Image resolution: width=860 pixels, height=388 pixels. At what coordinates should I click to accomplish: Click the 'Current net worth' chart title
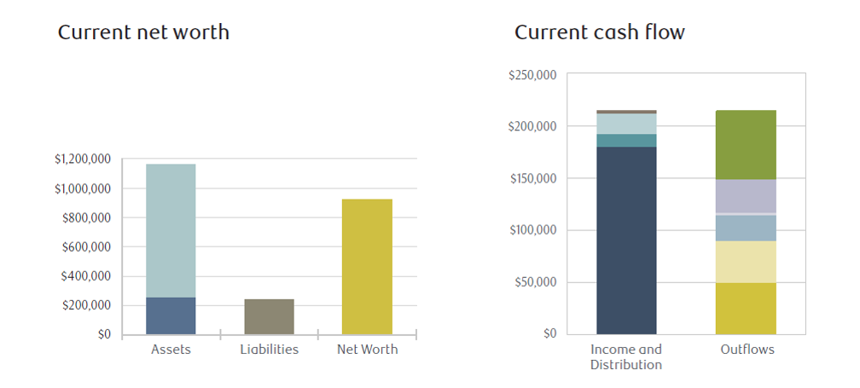pos(143,33)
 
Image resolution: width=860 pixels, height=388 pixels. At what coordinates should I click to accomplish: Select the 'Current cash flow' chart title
pos(600,33)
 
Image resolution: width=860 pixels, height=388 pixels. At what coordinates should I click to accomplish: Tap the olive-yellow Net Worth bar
pos(367,266)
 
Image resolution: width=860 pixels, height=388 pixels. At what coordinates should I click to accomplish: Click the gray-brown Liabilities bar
pos(269,316)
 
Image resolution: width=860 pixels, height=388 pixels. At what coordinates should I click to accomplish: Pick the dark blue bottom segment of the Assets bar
pos(171,316)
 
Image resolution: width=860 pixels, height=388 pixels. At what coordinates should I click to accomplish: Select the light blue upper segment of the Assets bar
pos(171,230)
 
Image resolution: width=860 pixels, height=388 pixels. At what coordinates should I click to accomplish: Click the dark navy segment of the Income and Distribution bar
pos(626,240)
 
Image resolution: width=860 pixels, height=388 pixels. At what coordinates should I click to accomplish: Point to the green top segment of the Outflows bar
pos(745,145)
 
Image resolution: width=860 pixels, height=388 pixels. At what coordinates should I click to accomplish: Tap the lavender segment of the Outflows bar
pos(745,195)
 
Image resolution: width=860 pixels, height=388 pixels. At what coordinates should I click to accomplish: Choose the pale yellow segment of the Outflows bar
pos(745,262)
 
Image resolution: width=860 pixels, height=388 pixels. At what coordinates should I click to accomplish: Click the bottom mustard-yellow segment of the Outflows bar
pos(745,308)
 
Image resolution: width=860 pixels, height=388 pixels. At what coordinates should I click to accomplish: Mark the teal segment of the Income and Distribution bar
pos(626,141)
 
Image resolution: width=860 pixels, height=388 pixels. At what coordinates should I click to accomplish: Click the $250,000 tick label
pos(532,75)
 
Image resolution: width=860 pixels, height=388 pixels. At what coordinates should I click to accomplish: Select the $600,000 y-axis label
pos(87,247)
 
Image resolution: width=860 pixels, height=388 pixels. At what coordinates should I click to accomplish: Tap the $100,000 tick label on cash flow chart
pos(532,230)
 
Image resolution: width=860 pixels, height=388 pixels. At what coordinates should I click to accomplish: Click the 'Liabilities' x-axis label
pos(269,350)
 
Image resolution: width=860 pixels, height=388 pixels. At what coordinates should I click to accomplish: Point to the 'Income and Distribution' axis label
pos(626,357)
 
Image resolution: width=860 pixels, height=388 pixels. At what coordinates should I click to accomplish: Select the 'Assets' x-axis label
pos(170,350)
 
